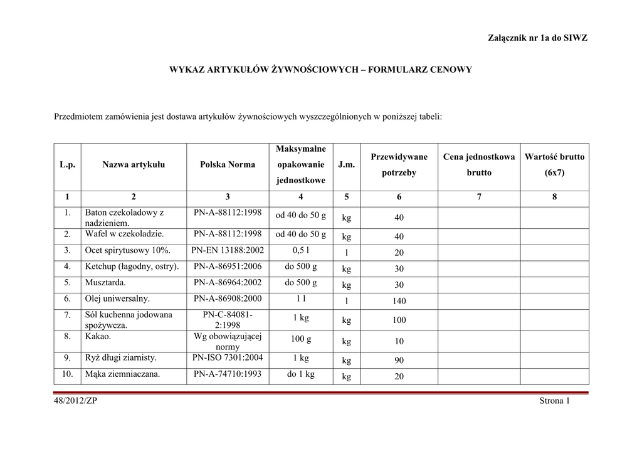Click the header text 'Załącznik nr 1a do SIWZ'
pyautogui.click(x=537, y=38)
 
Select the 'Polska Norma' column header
pyautogui.click(x=228, y=164)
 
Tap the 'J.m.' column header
pyautogui.click(x=346, y=164)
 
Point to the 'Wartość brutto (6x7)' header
pyautogui.click(x=554, y=164)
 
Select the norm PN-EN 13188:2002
pyautogui.click(x=228, y=250)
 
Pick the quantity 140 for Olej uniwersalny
pyautogui.click(x=399, y=302)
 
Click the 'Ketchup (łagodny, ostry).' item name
pyautogui.click(x=132, y=267)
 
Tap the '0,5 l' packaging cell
pyautogui.click(x=301, y=250)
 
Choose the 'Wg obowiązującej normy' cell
pyautogui.click(x=228, y=341)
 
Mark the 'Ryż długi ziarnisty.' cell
pyautogui.click(x=121, y=358)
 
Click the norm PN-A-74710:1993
pyautogui.click(x=228, y=374)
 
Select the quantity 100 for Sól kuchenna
pyautogui.click(x=399, y=320)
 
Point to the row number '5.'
pyautogui.click(x=67, y=283)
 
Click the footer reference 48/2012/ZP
pyautogui.click(x=76, y=401)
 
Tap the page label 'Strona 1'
pyautogui.click(x=554, y=401)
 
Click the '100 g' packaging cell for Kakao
pyautogui.click(x=301, y=339)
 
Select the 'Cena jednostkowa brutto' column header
pyautogui.click(x=479, y=164)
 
